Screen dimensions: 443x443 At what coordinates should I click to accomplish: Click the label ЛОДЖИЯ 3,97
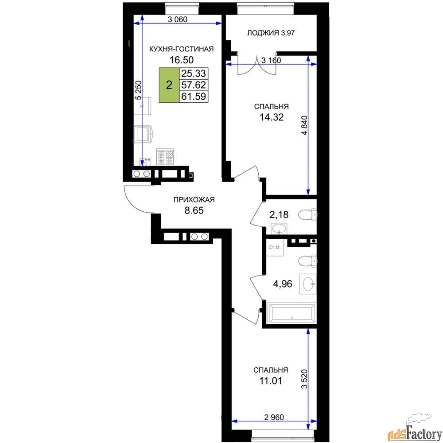click(271, 33)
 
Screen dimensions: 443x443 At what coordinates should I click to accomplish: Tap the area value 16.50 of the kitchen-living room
click(181, 60)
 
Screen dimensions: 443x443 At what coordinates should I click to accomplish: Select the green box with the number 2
click(169, 85)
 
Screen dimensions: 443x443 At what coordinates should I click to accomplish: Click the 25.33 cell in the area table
click(194, 74)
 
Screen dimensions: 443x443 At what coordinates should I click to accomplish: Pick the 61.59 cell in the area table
click(194, 96)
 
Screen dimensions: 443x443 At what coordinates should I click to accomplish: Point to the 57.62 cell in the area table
click(194, 85)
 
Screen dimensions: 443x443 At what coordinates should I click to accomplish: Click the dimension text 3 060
click(178, 19)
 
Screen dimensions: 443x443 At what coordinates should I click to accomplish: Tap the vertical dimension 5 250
click(138, 90)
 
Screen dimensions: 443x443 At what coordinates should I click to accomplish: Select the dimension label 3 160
click(271, 60)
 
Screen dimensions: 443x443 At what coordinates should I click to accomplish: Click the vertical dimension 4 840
click(304, 125)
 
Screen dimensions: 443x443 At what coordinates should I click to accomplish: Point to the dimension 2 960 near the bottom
click(274, 417)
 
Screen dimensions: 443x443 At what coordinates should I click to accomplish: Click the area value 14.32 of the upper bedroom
click(272, 117)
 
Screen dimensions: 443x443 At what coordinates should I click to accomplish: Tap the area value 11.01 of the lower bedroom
click(271, 381)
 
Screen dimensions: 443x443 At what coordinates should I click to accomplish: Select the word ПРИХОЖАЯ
click(194, 200)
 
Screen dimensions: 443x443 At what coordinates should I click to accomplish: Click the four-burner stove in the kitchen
click(165, 157)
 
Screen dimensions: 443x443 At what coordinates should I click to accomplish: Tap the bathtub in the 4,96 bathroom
click(291, 313)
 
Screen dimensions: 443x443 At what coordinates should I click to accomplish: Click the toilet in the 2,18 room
click(307, 215)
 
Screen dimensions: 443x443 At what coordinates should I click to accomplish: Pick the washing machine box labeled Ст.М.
click(275, 248)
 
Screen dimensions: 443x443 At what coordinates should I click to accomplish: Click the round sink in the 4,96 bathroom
click(308, 284)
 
